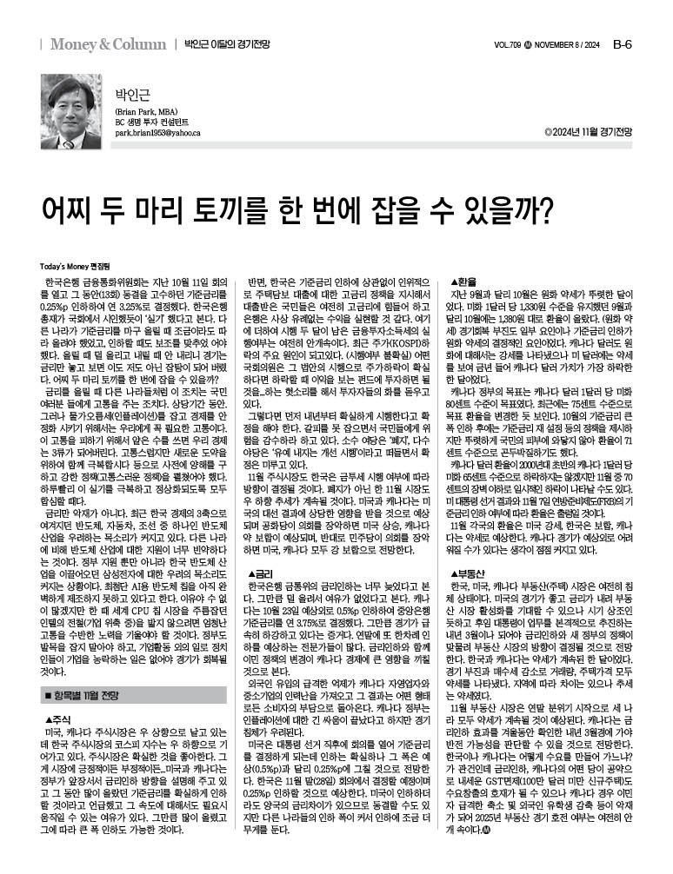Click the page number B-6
tap(622, 43)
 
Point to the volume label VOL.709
tap(508, 44)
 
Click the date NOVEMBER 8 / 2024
tap(568, 44)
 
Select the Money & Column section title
tap(107, 43)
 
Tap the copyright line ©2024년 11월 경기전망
tap(588, 133)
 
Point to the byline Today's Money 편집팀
tap(72, 266)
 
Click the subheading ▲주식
tap(57, 720)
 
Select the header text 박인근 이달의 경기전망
tap(224, 44)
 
